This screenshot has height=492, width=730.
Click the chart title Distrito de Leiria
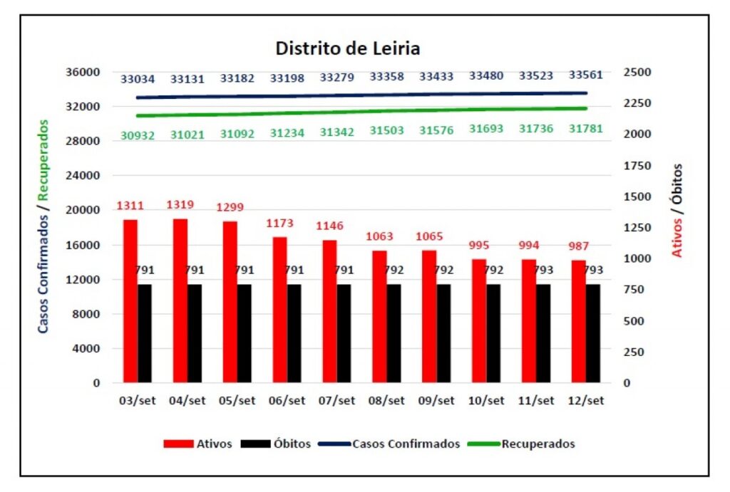pos(348,48)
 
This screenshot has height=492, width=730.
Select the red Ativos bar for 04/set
pos(180,301)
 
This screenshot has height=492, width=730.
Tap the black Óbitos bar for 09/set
pos(443,333)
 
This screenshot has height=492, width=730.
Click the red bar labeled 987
pos(579,321)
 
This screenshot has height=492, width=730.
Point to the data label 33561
pos(586,75)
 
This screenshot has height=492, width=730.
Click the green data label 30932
pos(138,135)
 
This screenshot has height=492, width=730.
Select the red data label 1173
pos(279,223)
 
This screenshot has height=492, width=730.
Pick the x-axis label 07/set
pos(336,400)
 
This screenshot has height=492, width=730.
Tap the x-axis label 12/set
pos(586,400)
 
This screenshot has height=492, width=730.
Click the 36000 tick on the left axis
pos(83,72)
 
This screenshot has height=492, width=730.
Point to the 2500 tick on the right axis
pos(637,72)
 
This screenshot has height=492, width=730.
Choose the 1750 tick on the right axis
pos(637,166)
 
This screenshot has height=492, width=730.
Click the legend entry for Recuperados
pos(521,444)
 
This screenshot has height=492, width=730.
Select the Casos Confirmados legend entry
pos(389,444)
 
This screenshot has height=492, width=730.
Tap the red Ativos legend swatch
pos(178,444)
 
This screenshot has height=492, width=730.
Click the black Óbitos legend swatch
pos(256,444)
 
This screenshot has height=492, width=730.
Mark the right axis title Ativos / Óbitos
pos(677,210)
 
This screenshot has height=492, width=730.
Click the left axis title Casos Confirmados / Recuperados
pos(43,226)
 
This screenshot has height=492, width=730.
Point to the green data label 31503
pos(386,130)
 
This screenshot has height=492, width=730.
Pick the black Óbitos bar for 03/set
pos(144,333)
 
